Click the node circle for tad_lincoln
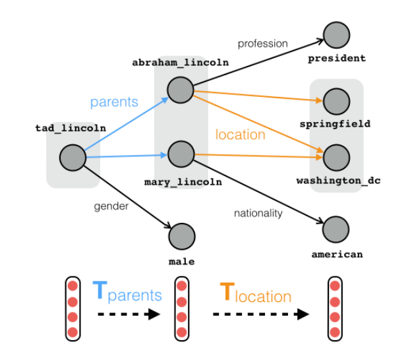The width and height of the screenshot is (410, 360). point(73,158)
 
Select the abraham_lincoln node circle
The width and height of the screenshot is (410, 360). point(180,90)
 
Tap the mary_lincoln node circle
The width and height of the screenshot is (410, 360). point(180,154)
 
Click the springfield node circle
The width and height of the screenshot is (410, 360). point(336,101)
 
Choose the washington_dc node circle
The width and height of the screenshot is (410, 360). point(336,157)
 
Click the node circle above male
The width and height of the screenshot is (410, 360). point(182,235)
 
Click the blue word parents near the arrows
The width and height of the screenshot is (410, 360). point(114,102)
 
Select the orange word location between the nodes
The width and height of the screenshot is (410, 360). point(240,135)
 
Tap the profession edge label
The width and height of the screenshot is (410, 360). point(263,44)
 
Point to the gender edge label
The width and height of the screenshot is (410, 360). point(111,206)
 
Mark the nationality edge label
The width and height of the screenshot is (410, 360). point(258,213)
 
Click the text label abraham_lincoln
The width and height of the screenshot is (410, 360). point(180,63)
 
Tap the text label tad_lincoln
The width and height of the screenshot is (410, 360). point(70,128)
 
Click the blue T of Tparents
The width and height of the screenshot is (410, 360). point(100,291)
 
